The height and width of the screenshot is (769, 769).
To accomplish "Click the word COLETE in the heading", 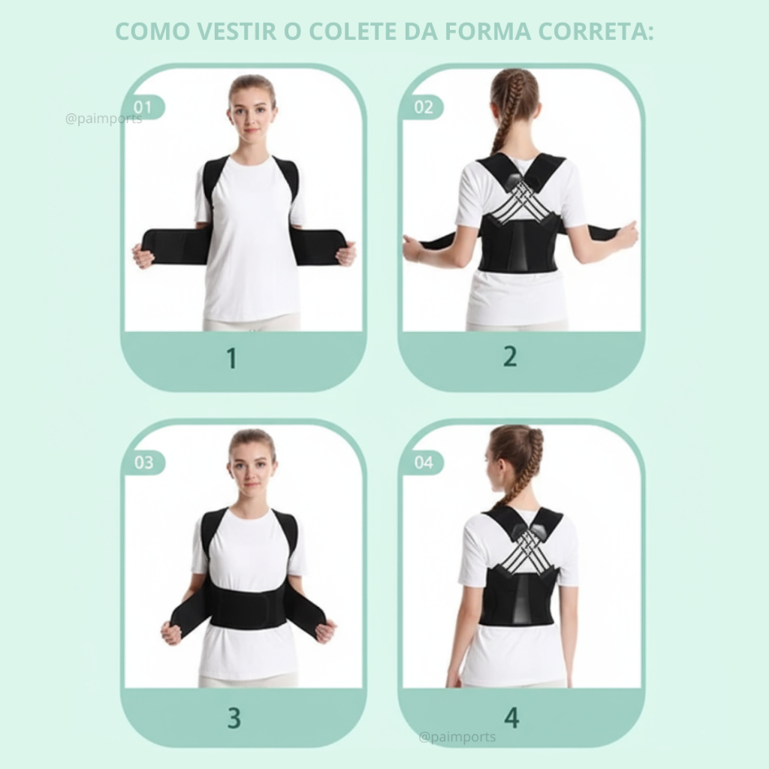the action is click(x=352, y=32).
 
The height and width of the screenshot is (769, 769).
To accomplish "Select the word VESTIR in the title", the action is click(x=237, y=32).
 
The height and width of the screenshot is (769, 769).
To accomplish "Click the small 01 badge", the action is click(x=143, y=107).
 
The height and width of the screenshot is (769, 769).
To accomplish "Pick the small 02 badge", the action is click(x=424, y=107).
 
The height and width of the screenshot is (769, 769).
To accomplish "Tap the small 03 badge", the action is click(x=143, y=463).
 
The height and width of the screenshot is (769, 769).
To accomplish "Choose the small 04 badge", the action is click(x=424, y=463).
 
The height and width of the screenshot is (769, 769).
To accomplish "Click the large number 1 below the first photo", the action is click(x=232, y=358).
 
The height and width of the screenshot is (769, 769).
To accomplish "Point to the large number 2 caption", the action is click(x=510, y=357).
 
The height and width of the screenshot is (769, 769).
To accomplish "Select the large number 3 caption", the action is click(x=234, y=718).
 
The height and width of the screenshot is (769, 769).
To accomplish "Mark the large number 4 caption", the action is click(x=511, y=718).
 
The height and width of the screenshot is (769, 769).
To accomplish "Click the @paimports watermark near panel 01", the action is click(x=104, y=119).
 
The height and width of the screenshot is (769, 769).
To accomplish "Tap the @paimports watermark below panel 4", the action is click(x=457, y=737).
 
